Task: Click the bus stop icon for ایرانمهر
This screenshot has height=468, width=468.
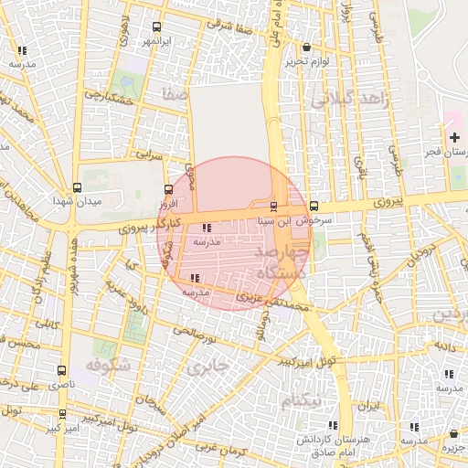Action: [x=156, y=27]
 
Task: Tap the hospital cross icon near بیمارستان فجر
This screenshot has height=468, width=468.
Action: [x=455, y=137]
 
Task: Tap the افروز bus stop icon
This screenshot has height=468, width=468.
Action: [x=167, y=190]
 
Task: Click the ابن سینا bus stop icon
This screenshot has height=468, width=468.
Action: [x=274, y=205]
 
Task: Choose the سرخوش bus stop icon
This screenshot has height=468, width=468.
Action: [x=314, y=206]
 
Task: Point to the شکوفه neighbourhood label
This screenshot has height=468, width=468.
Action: [x=109, y=365]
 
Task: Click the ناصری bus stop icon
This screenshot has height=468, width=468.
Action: [x=61, y=371]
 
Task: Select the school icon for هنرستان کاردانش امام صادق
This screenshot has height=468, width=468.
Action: [x=332, y=425]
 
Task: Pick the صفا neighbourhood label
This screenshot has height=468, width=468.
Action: [x=174, y=94]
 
